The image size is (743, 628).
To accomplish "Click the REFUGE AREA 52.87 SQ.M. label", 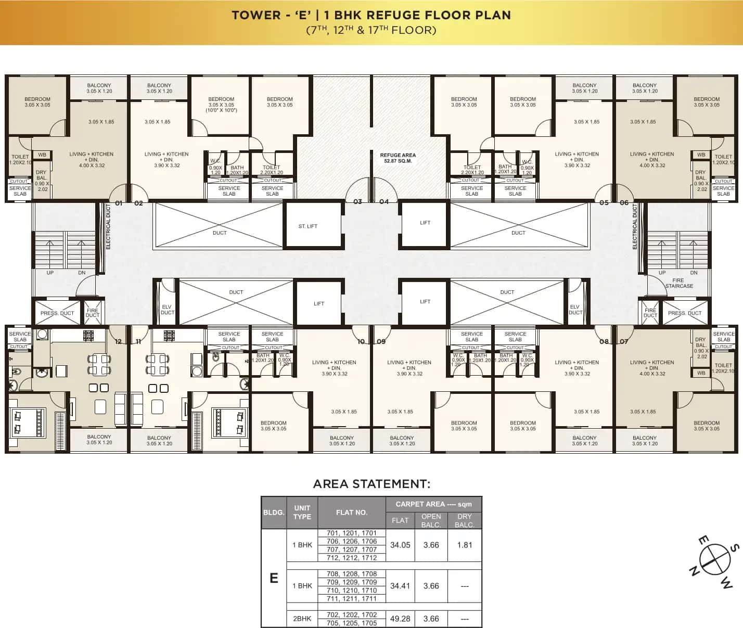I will point(398,158).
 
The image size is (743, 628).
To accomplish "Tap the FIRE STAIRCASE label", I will point(678,283).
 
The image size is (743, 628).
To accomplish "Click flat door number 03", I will point(357,202).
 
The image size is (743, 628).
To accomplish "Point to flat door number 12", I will point(119,342).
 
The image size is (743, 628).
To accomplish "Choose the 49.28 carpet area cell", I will point(400,619).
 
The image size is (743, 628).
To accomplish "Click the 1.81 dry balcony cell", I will point(464,545).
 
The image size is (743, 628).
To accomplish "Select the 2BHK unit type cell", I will point(302,619).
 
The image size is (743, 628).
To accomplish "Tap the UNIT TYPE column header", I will point(302,512).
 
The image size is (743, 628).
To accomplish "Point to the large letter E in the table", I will point(274,578).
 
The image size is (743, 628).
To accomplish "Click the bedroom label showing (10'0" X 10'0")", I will point(221,105).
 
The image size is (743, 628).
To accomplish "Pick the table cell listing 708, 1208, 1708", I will point(352,574).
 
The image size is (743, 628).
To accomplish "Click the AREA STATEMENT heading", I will point(371,484).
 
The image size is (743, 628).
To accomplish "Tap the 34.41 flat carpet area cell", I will point(400,586).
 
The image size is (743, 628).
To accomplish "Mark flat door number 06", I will point(624,203).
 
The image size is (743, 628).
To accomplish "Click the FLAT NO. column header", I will point(352,512).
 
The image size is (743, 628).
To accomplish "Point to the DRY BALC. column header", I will point(464,520).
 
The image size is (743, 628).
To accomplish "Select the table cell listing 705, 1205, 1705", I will point(352,623).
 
